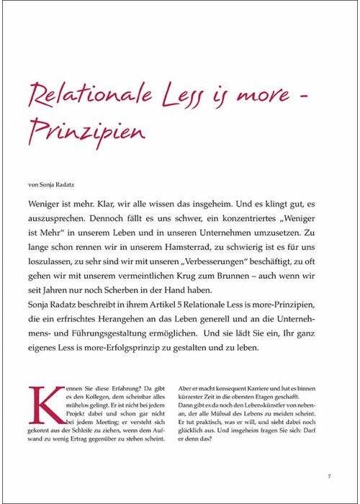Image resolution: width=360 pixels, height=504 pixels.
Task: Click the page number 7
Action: coord(328,476)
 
